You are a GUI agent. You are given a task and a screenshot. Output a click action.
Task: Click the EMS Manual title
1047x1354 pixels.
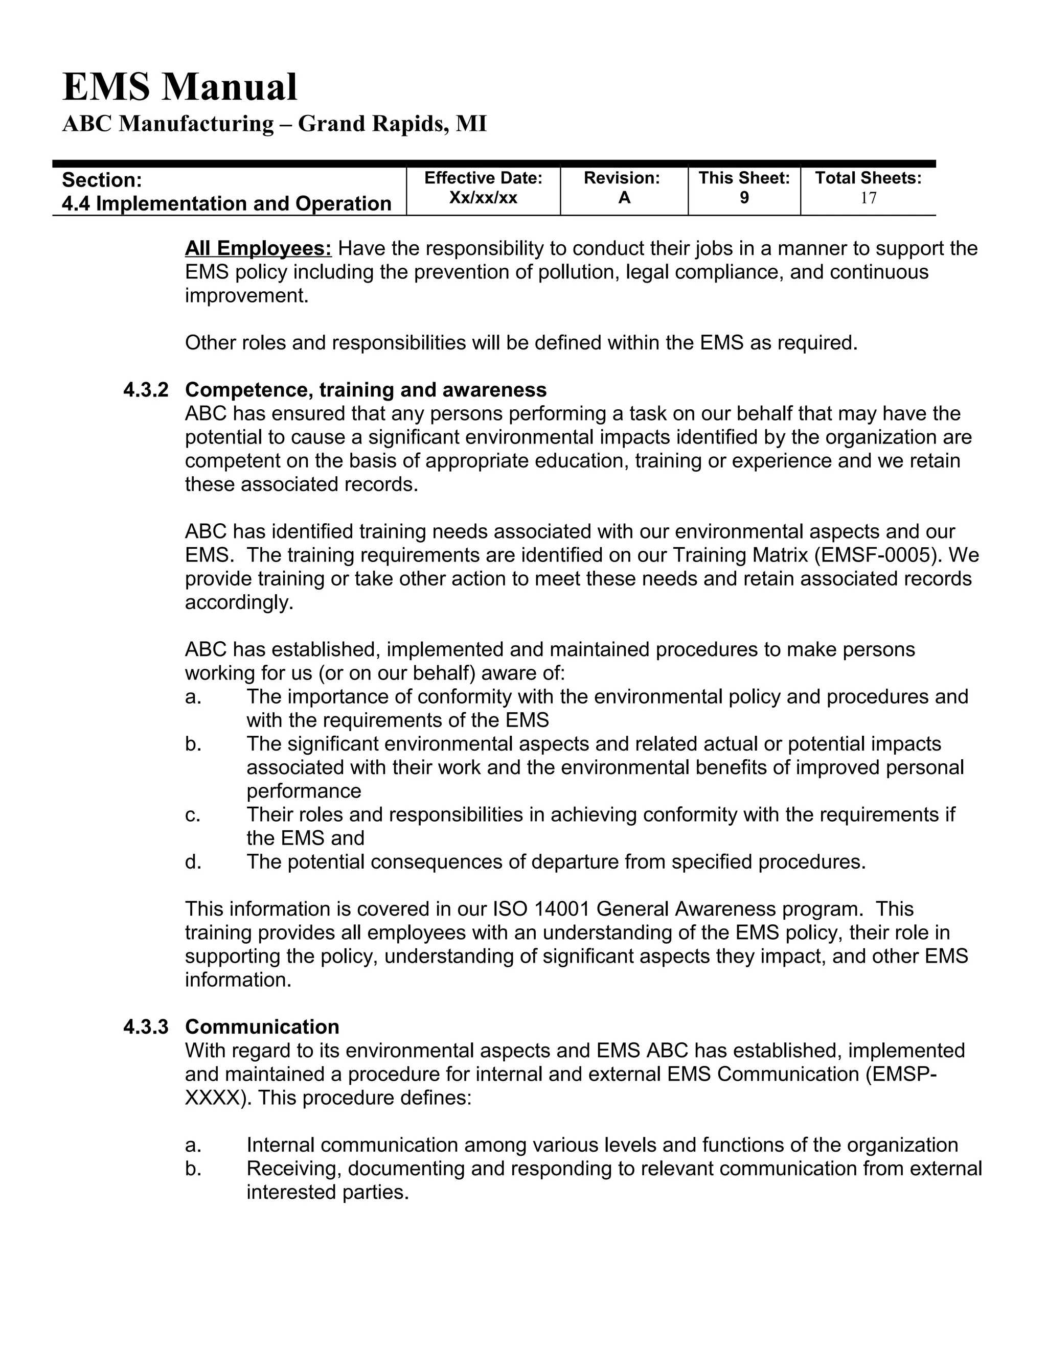(180, 87)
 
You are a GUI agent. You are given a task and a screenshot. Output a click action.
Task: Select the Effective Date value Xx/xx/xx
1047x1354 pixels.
(483, 198)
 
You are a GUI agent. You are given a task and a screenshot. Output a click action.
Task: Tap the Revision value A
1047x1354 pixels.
(624, 198)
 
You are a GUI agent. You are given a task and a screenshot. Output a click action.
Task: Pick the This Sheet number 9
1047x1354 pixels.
(744, 198)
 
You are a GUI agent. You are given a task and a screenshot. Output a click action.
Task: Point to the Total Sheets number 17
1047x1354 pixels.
(869, 198)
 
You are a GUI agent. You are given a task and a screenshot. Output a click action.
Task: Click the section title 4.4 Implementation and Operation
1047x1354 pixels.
(226, 203)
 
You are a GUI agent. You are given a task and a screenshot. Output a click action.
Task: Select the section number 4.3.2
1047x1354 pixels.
(146, 390)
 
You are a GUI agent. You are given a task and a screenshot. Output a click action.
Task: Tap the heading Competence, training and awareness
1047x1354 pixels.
(366, 390)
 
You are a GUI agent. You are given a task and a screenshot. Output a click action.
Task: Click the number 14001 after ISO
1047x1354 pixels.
(562, 909)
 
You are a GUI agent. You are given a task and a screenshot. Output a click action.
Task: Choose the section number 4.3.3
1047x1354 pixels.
(146, 1026)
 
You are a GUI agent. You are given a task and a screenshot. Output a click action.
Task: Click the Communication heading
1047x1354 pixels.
(262, 1026)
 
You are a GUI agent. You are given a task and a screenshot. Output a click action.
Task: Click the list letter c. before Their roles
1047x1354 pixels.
(193, 814)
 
